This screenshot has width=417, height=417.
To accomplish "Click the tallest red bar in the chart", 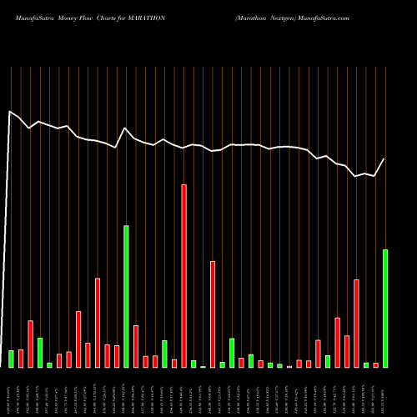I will click(x=183, y=276).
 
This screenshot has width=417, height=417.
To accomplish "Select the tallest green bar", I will click(x=126, y=296).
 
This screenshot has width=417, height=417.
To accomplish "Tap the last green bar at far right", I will click(x=385, y=309).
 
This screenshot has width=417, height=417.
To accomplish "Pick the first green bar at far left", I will click(x=11, y=359).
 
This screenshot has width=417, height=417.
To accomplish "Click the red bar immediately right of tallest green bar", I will click(x=136, y=346).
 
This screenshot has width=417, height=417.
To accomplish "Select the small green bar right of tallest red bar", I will click(x=193, y=364).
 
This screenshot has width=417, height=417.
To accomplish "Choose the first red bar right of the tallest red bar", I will click(x=213, y=314).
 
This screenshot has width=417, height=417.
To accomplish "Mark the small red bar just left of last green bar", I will click(x=375, y=365).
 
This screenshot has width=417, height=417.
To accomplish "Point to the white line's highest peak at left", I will click(x=10, y=111).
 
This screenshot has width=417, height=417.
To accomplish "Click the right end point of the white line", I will click(x=384, y=159).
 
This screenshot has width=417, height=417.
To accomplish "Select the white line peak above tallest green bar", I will click(x=125, y=128).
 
